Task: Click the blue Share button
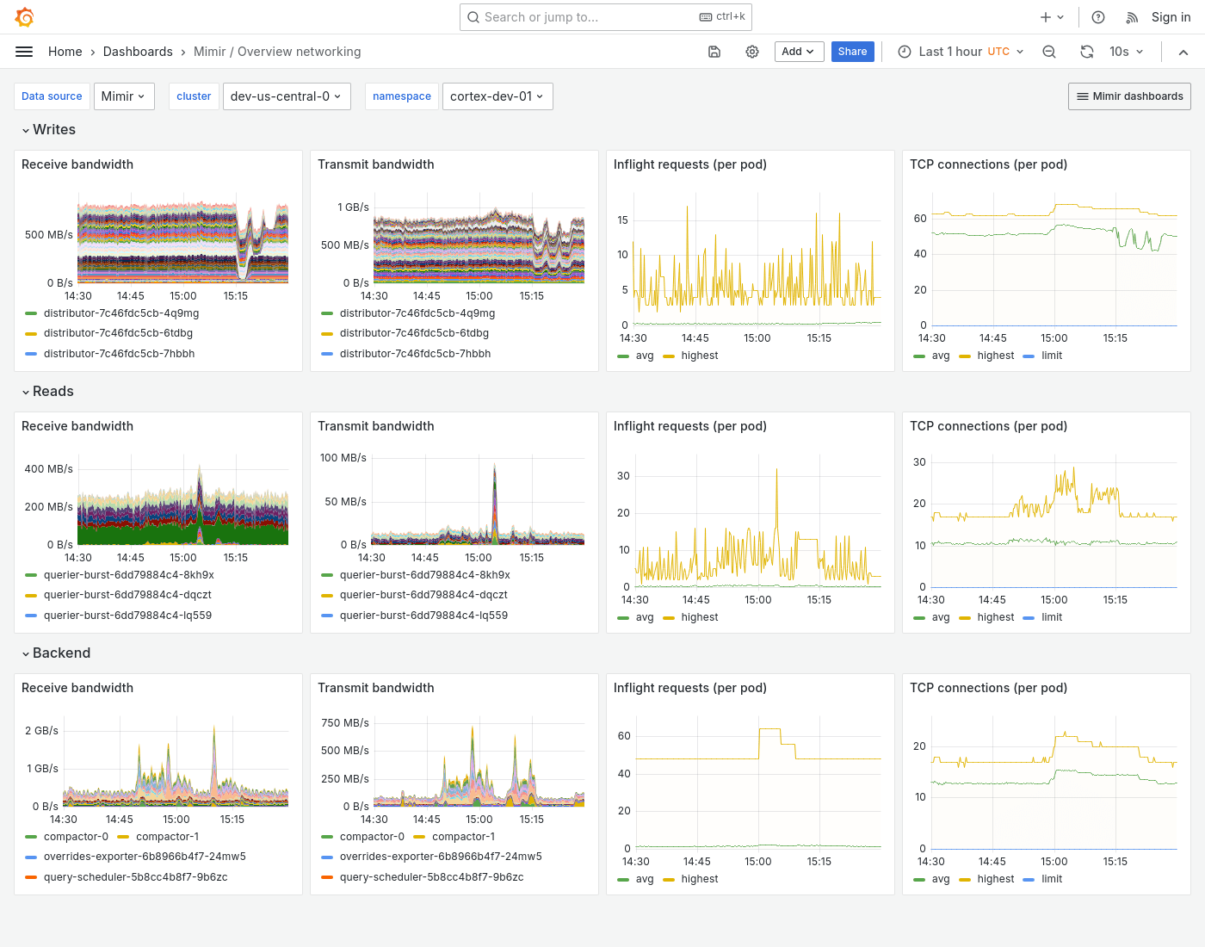coord(852,52)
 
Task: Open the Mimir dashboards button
coord(1129,96)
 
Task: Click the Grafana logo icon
coord(24,17)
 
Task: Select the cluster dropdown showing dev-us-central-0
coord(285,96)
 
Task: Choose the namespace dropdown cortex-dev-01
coord(497,96)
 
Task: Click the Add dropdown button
coord(798,52)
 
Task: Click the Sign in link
coord(1171,17)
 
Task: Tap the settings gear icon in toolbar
coord(751,52)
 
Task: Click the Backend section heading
coord(61,653)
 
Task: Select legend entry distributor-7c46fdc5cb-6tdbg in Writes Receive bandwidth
coord(118,333)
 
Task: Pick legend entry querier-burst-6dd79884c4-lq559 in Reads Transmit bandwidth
coord(423,616)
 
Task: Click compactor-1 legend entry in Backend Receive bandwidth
coord(167,837)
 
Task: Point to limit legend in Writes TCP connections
coord(1051,356)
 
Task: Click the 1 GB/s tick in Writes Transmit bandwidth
coord(353,207)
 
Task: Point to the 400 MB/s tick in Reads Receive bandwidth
coord(48,469)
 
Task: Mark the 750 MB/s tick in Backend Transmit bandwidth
coord(344,723)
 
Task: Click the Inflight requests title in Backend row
coord(689,688)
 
